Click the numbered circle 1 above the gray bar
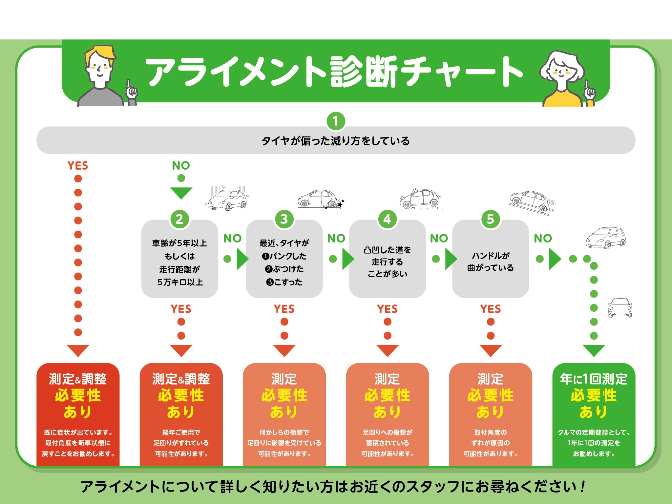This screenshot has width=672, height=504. click(x=335, y=121)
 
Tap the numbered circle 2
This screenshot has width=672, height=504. click(x=179, y=219)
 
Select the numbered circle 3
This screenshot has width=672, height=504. click(x=284, y=219)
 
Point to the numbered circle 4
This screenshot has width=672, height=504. click(x=387, y=219)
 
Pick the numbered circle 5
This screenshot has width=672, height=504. click(x=490, y=219)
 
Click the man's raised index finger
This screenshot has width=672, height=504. click(x=129, y=84)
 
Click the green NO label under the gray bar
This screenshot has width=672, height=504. click(x=181, y=166)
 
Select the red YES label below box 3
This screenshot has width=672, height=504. click(x=284, y=309)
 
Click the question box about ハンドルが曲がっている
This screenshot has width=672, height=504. click(x=490, y=259)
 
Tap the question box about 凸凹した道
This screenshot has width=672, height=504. click(x=387, y=259)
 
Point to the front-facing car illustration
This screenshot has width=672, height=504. click(x=620, y=308)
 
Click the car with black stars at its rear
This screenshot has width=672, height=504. click(x=320, y=199)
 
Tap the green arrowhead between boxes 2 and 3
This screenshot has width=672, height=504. click(x=242, y=259)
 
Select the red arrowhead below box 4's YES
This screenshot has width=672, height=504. click(x=388, y=350)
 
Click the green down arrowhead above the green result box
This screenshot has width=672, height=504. click(x=594, y=350)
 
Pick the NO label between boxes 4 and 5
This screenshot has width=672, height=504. click(x=439, y=239)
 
